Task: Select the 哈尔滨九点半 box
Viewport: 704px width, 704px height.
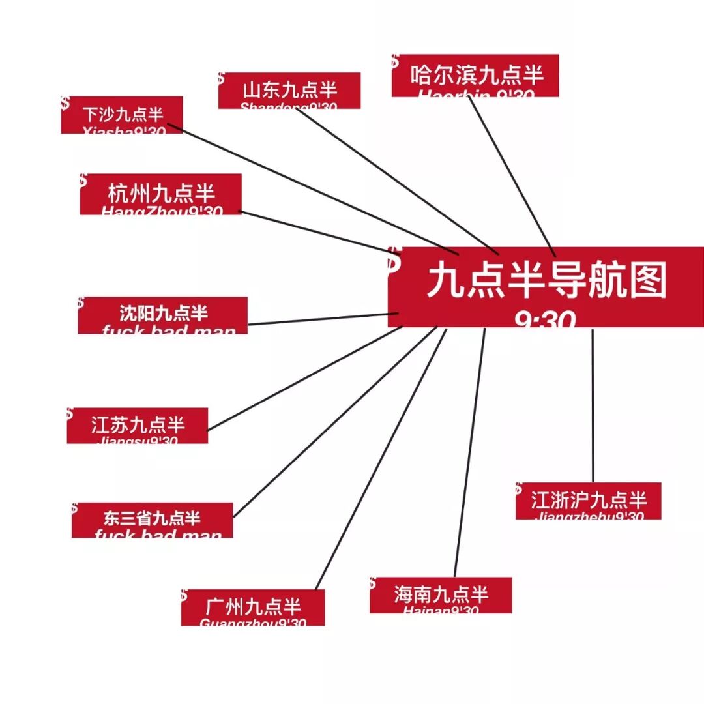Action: (475, 76)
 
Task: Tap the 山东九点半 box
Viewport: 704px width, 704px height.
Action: (289, 90)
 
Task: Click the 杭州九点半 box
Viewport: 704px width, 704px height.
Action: (161, 194)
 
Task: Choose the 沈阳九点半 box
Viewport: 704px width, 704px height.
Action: (163, 315)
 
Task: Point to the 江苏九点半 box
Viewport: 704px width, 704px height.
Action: (138, 425)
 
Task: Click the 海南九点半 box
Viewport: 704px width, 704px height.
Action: (441, 594)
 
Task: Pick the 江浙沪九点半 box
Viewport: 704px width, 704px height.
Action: (589, 501)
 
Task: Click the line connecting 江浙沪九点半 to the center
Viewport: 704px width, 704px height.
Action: (593, 404)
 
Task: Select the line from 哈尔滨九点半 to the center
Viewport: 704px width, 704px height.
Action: (512, 176)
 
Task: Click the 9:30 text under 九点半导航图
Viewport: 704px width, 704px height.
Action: (545, 320)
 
